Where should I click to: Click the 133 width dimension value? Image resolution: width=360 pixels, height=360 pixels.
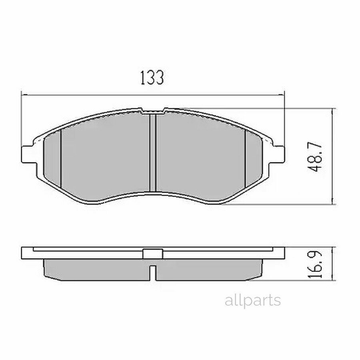point(152,78)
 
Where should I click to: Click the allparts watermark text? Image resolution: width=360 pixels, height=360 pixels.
point(253,300)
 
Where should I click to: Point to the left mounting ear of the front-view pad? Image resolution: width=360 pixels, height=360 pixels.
point(29,154)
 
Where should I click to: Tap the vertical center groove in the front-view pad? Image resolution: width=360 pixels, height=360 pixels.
point(153,153)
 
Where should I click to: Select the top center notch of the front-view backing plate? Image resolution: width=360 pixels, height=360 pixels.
point(153,111)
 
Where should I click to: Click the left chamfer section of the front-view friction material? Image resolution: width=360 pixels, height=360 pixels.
point(52,159)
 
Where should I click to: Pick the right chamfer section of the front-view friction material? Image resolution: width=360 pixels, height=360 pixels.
point(254,159)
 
